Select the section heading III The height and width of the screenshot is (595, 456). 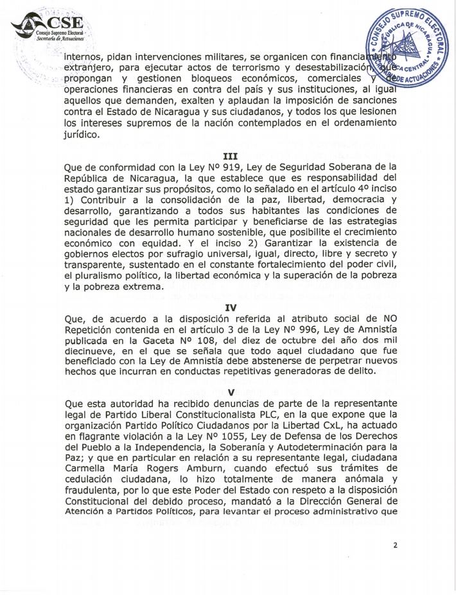(229, 155)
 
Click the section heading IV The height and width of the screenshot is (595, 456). (229, 307)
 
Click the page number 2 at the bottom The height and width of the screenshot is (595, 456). (396, 545)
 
